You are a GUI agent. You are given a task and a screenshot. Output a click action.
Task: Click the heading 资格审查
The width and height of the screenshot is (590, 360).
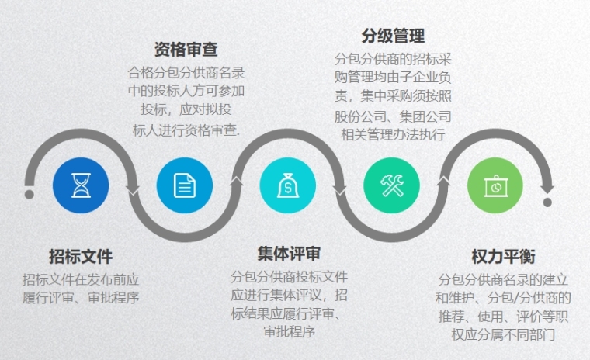[x=186, y=50]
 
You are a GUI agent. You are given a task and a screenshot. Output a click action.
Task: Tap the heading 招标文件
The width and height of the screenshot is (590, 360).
[x=81, y=257]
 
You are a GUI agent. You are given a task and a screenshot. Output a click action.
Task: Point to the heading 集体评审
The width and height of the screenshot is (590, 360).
[x=289, y=254]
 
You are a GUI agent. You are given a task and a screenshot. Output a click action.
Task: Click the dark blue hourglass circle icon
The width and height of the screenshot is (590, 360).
[x=81, y=185]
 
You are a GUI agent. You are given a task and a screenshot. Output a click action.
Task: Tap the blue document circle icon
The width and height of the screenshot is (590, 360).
[x=185, y=185]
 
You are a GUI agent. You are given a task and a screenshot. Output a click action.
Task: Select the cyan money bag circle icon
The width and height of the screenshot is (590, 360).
[x=288, y=185]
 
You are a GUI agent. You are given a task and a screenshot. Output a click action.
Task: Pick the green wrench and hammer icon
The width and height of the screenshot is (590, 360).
[x=392, y=185]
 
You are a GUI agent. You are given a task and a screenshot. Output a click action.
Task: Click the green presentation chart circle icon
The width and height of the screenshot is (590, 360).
[x=495, y=185]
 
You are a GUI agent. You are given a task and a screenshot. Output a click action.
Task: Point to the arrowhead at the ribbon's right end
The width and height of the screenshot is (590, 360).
[x=547, y=186]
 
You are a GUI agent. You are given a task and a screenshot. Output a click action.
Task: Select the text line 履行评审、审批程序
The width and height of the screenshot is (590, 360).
[x=81, y=298]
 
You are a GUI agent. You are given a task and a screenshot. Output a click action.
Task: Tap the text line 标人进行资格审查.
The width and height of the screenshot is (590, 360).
[x=186, y=130]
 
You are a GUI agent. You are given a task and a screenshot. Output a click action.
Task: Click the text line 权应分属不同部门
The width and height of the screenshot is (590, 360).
[x=503, y=335]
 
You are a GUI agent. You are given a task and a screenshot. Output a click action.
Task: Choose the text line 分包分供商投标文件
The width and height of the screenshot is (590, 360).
[x=289, y=276]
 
